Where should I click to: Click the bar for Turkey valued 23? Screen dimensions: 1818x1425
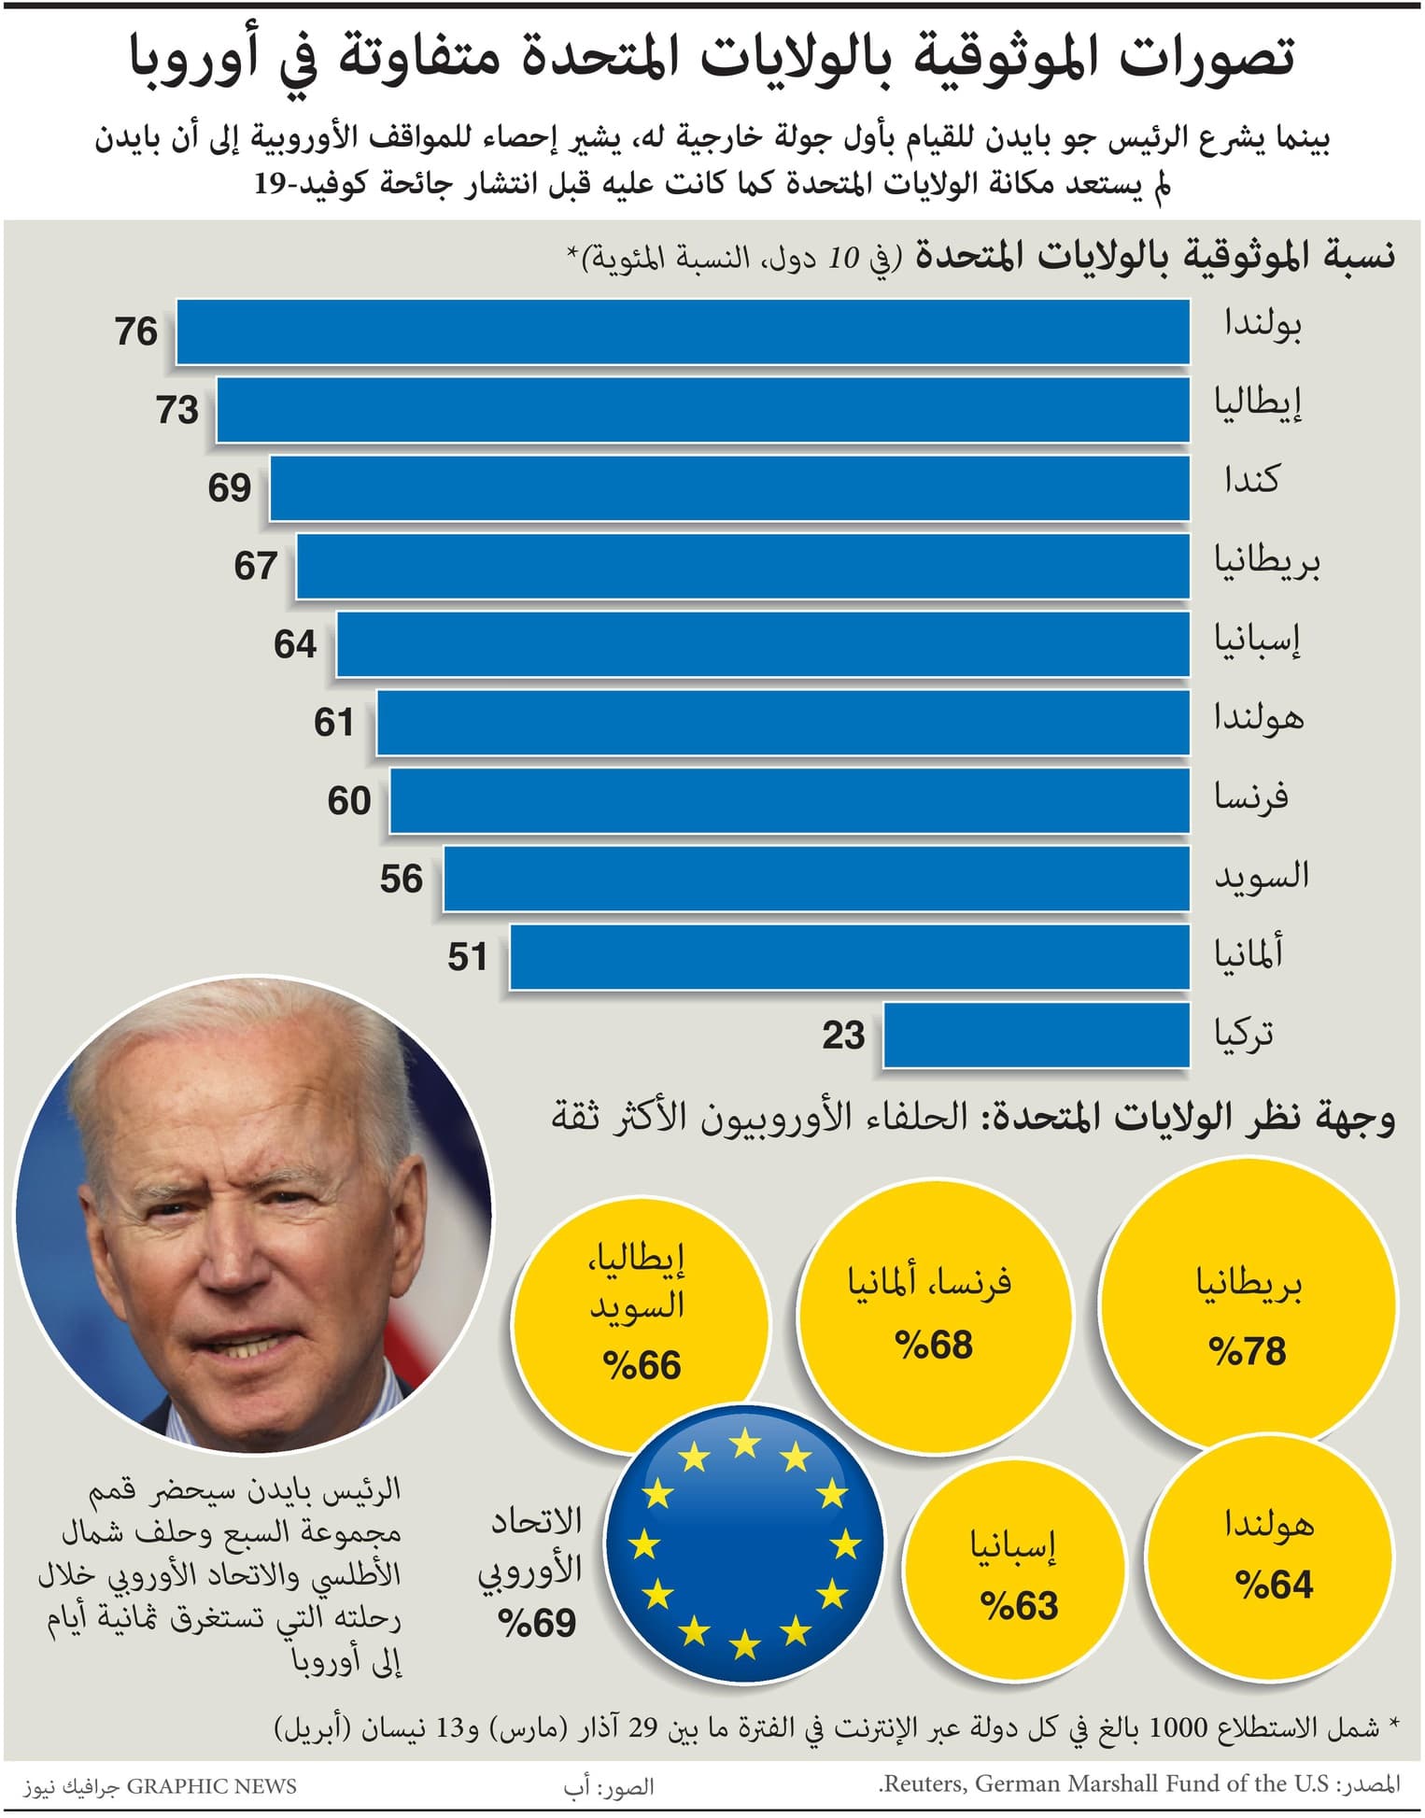(x=1036, y=1035)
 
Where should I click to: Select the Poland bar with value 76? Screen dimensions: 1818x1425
(x=683, y=331)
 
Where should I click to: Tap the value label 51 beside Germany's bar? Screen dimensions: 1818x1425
(x=467, y=957)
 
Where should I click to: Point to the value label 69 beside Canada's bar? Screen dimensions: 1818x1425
(x=229, y=487)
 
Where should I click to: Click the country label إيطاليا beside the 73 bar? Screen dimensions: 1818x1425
(x=1257, y=404)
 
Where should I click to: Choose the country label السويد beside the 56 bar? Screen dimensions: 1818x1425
(x=1261, y=876)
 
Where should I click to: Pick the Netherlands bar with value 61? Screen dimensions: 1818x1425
(x=783, y=722)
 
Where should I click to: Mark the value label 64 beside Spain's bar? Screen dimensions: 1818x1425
(x=295, y=644)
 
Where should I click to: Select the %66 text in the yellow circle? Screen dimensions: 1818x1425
(x=642, y=1366)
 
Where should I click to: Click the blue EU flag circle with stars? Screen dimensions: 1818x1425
(x=744, y=1544)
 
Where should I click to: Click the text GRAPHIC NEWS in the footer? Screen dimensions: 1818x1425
(x=211, y=1786)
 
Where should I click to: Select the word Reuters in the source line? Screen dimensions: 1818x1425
(x=924, y=1784)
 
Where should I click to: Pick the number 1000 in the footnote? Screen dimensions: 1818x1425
(x=1179, y=1727)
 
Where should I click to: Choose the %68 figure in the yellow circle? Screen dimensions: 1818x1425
(x=933, y=1346)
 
